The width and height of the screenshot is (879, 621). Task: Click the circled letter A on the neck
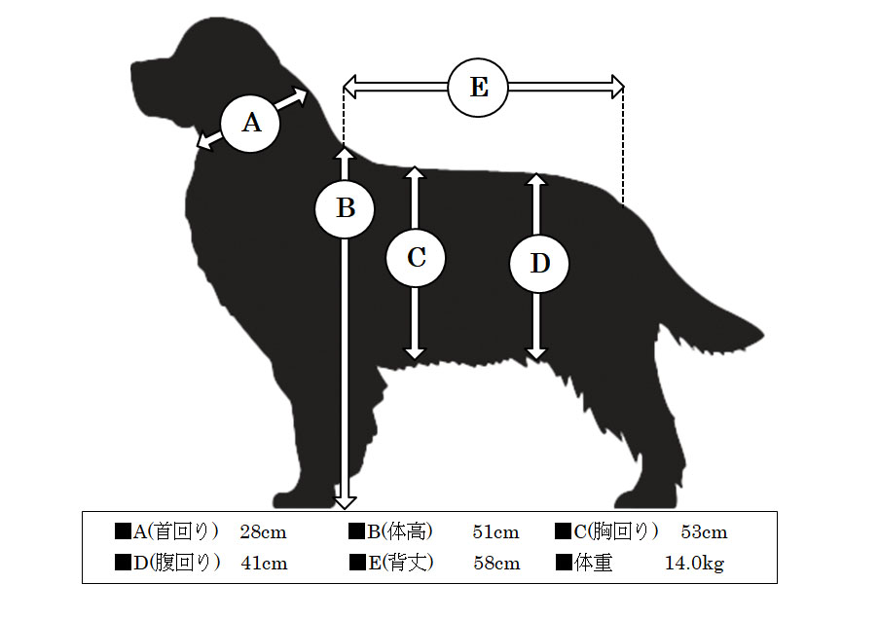pyautogui.click(x=250, y=123)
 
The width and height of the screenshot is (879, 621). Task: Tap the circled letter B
pyautogui.click(x=345, y=208)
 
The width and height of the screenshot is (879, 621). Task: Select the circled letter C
pyautogui.click(x=416, y=258)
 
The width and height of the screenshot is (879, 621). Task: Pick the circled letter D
pyautogui.click(x=538, y=264)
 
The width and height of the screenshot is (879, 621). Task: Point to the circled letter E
pyautogui.click(x=478, y=88)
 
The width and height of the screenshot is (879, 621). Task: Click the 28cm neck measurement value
pyautogui.click(x=263, y=531)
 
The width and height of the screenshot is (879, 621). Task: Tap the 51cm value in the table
pyautogui.click(x=495, y=531)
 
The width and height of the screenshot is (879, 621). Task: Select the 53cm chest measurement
pyautogui.click(x=704, y=531)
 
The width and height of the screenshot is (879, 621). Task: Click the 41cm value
pyautogui.click(x=264, y=563)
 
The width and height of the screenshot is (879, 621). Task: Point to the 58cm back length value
pyautogui.click(x=496, y=563)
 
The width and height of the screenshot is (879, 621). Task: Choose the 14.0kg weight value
pyautogui.click(x=695, y=563)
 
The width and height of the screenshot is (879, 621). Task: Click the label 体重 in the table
pyautogui.click(x=593, y=563)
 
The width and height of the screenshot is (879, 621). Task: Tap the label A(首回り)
pyautogui.click(x=175, y=531)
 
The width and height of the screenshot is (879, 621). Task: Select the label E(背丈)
pyautogui.click(x=401, y=563)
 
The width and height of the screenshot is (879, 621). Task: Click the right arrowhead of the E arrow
pyautogui.click(x=618, y=87)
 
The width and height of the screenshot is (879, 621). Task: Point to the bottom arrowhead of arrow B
pyautogui.click(x=345, y=502)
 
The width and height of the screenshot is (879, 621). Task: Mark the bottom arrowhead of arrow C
pyautogui.click(x=415, y=353)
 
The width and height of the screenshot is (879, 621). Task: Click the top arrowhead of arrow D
pyautogui.click(x=536, y=179)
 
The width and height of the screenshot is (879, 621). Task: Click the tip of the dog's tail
pyautogui.click(x=762, y=337)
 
